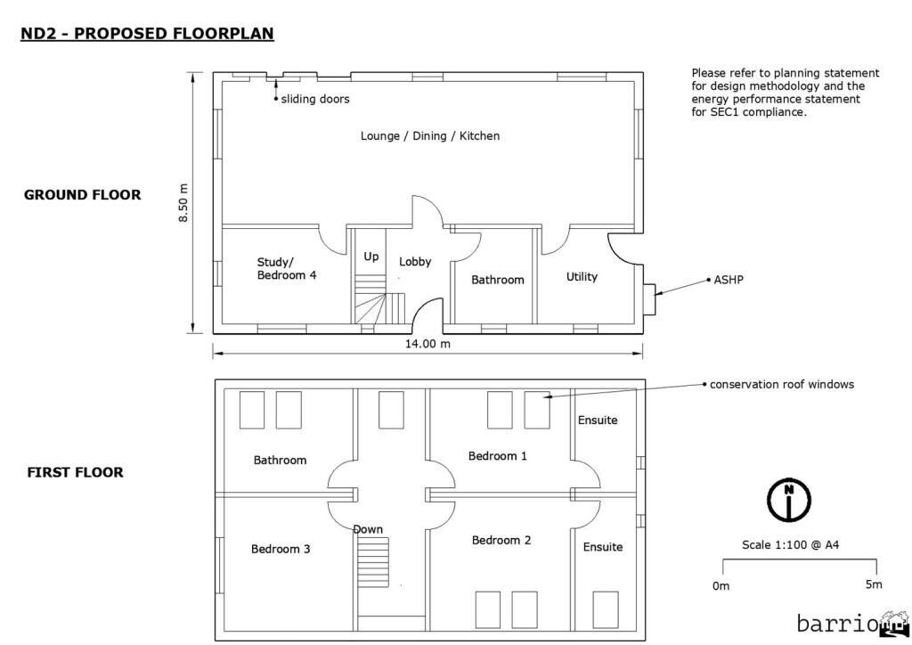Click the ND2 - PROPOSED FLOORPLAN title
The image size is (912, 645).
pos(147,34)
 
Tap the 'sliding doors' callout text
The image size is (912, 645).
pos(315,99)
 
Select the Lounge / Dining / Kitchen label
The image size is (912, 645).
pos(430,136)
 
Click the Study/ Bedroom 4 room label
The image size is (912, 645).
pos(287,268)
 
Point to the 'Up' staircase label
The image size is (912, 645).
pos(371,257)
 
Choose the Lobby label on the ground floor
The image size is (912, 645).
pos(415,262)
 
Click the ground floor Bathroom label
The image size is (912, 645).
pos(498,280)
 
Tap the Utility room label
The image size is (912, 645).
pos(582,277)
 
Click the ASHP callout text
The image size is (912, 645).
pos(729,279)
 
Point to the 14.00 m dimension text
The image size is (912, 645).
pos(428,344)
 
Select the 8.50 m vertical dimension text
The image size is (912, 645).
pos(184,203)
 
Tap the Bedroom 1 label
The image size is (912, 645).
pos(498,456)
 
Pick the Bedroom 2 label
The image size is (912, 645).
pos(501,540)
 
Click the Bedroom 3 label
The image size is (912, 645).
pos(281,549)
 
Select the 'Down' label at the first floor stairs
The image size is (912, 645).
pos(368,529)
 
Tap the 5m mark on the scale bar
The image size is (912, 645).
pos(874,584)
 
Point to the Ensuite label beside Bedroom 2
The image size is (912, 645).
pos(603,547)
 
